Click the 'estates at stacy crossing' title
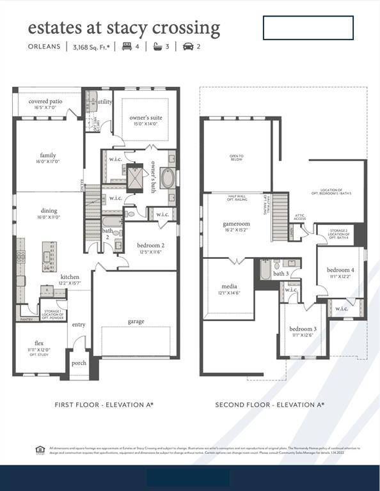pyautogui.click(x=123, y=27)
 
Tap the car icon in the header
pyautogui.click(x=189, y=47)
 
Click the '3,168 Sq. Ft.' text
pyautogui.click(x=91, y=47)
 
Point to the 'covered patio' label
pyautogui.click(x=45, y=101)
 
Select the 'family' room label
pyautogui.click(x=48, y=155)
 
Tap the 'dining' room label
pyautogui.click(x=49, y=210)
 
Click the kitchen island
pyautogui.click(x=49, y=253)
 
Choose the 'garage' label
pyautogui.click(x=136, y=321)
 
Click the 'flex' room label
pyautogui.click(x=39, y=343)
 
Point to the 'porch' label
pyautogui.click(x=79, y=363)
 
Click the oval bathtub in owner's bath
pyautogui.click(x=168, y=178)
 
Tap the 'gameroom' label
pyautogui.click(x=235, y=224)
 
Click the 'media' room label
pyautogui.click(x=228, y=286)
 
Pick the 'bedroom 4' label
pyautogui.click(x=340, y=270)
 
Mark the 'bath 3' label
pyautogui.click(x=281, y=274)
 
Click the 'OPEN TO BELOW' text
pyautogui.click(x=237, y=158)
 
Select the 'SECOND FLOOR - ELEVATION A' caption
pyautogui.click(x=269, y=405)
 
